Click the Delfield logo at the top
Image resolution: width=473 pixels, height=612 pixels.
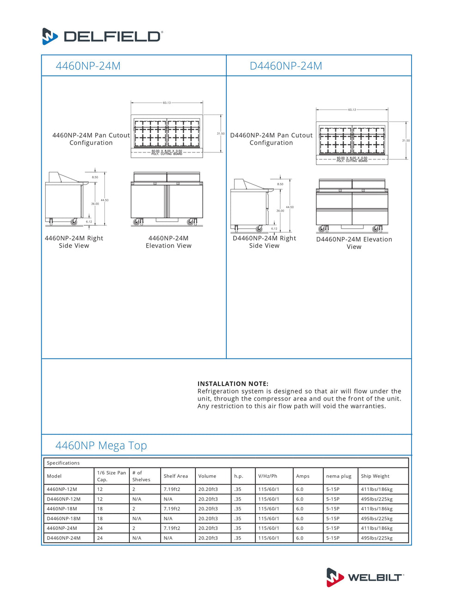[102, 36]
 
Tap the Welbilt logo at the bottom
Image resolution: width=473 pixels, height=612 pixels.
[365, 577]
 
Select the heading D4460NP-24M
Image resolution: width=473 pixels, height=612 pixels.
[285, 66]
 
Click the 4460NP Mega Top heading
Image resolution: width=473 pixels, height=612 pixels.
[101, 446]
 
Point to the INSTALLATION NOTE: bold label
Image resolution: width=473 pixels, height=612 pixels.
[233, 384]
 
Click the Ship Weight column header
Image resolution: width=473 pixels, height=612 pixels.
[375, 476]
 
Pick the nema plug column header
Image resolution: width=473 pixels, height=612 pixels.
[339, 476]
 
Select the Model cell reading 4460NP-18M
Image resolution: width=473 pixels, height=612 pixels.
[62, 509]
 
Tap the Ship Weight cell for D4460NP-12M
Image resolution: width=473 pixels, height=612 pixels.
[376, 499]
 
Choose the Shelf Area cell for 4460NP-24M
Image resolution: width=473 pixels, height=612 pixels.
[172, 528]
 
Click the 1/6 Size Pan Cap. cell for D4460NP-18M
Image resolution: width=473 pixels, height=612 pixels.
[100, 519]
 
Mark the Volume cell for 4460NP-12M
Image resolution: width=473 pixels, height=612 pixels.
[208, 490]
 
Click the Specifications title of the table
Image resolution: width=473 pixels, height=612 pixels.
[63, 463]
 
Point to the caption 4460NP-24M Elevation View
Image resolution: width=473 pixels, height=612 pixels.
[169, 242]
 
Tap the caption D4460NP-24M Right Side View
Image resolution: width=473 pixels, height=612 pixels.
[264, 242]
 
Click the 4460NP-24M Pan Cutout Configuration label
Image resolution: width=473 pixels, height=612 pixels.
[91, 139]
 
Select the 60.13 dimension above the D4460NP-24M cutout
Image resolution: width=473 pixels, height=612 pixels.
[352, 110]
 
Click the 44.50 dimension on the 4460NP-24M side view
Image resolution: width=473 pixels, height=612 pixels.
[105, 200]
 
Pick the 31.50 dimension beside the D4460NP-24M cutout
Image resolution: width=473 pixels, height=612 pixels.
[406, 140]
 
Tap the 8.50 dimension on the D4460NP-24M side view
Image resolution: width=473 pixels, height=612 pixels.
[280, 184]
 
